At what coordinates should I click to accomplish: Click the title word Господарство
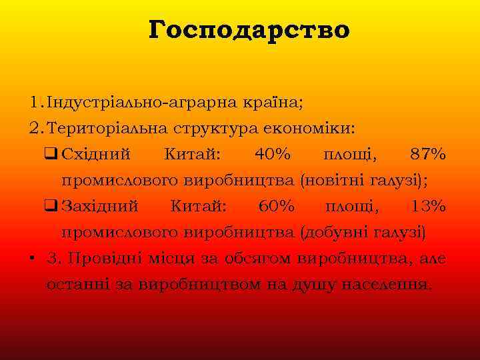(249, 30)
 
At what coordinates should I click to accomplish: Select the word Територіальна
(131, 128)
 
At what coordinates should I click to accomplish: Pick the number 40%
(272, 155)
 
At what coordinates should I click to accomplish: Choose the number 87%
(428, 155)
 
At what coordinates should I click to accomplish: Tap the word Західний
(99, 207)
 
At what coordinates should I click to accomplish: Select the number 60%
(276, 207)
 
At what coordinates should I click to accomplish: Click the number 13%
(428, 207)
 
